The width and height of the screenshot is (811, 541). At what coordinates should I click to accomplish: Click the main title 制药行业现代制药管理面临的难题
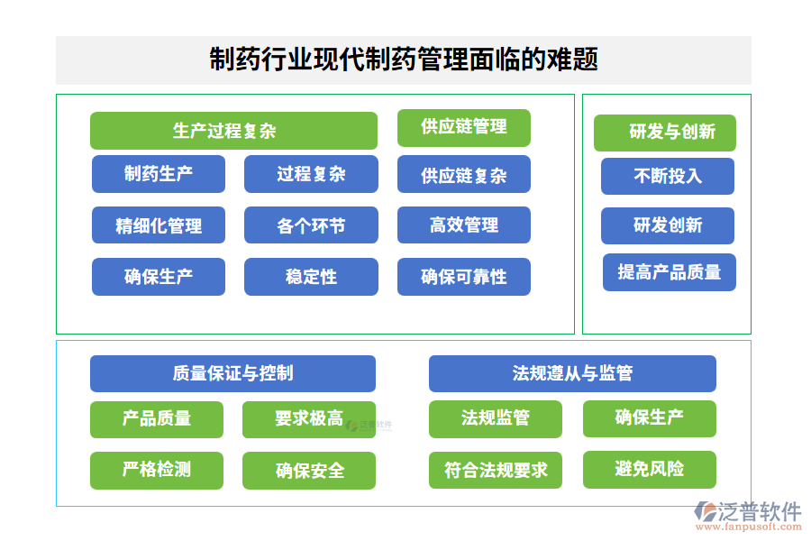point(404,60)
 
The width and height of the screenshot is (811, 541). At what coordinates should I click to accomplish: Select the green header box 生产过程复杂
point(233,131)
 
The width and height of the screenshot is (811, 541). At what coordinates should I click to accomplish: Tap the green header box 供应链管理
point(463,127)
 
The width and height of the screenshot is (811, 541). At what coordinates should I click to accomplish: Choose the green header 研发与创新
point(665,133)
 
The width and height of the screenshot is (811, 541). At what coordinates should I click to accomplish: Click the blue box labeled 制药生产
point(159,174)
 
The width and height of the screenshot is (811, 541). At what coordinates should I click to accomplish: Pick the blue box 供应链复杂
point(463,175)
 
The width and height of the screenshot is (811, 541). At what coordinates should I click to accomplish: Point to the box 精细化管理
point(159,225)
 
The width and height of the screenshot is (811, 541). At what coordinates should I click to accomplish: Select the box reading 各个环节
point(311,225)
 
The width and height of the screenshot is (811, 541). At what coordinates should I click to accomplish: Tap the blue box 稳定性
point(311,277)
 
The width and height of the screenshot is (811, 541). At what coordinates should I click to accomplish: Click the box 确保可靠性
point(463,277)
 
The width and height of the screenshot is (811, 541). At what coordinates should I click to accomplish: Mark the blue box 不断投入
point(668,177)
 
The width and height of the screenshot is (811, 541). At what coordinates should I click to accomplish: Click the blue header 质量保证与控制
point(232,373)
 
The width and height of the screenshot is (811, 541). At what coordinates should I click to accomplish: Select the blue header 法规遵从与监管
point(572,373)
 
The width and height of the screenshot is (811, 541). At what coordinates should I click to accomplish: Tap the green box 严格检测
point(157,470)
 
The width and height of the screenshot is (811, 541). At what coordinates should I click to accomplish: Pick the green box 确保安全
point(309,471)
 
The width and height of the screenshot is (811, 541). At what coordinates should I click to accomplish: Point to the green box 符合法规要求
point(496,470)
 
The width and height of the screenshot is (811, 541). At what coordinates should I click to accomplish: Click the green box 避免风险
point(649,469)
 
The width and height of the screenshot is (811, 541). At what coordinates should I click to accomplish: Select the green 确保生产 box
point(649,418)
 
